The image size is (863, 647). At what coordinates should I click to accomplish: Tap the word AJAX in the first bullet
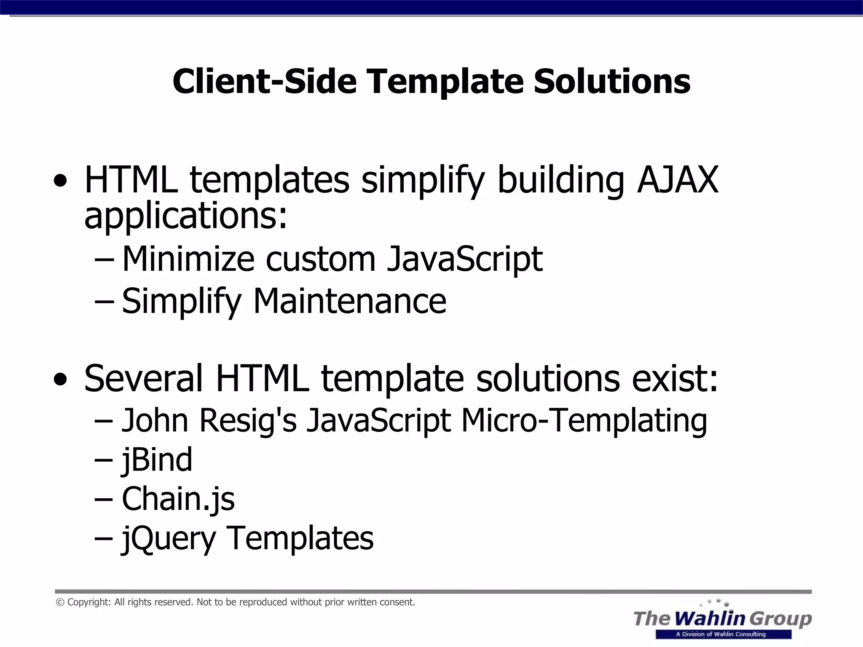tap(678, 180)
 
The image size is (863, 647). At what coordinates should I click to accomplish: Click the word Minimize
tap(188, 259)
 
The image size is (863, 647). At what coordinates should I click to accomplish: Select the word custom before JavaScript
tap(320, 259)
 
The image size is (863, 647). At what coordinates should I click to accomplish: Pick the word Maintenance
tap(349, 301)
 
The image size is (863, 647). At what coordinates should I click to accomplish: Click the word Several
tap(143, 378)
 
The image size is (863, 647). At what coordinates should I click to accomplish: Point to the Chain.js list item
tap(178, 499)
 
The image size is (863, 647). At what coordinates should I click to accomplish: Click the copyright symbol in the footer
tap(60, 603)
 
